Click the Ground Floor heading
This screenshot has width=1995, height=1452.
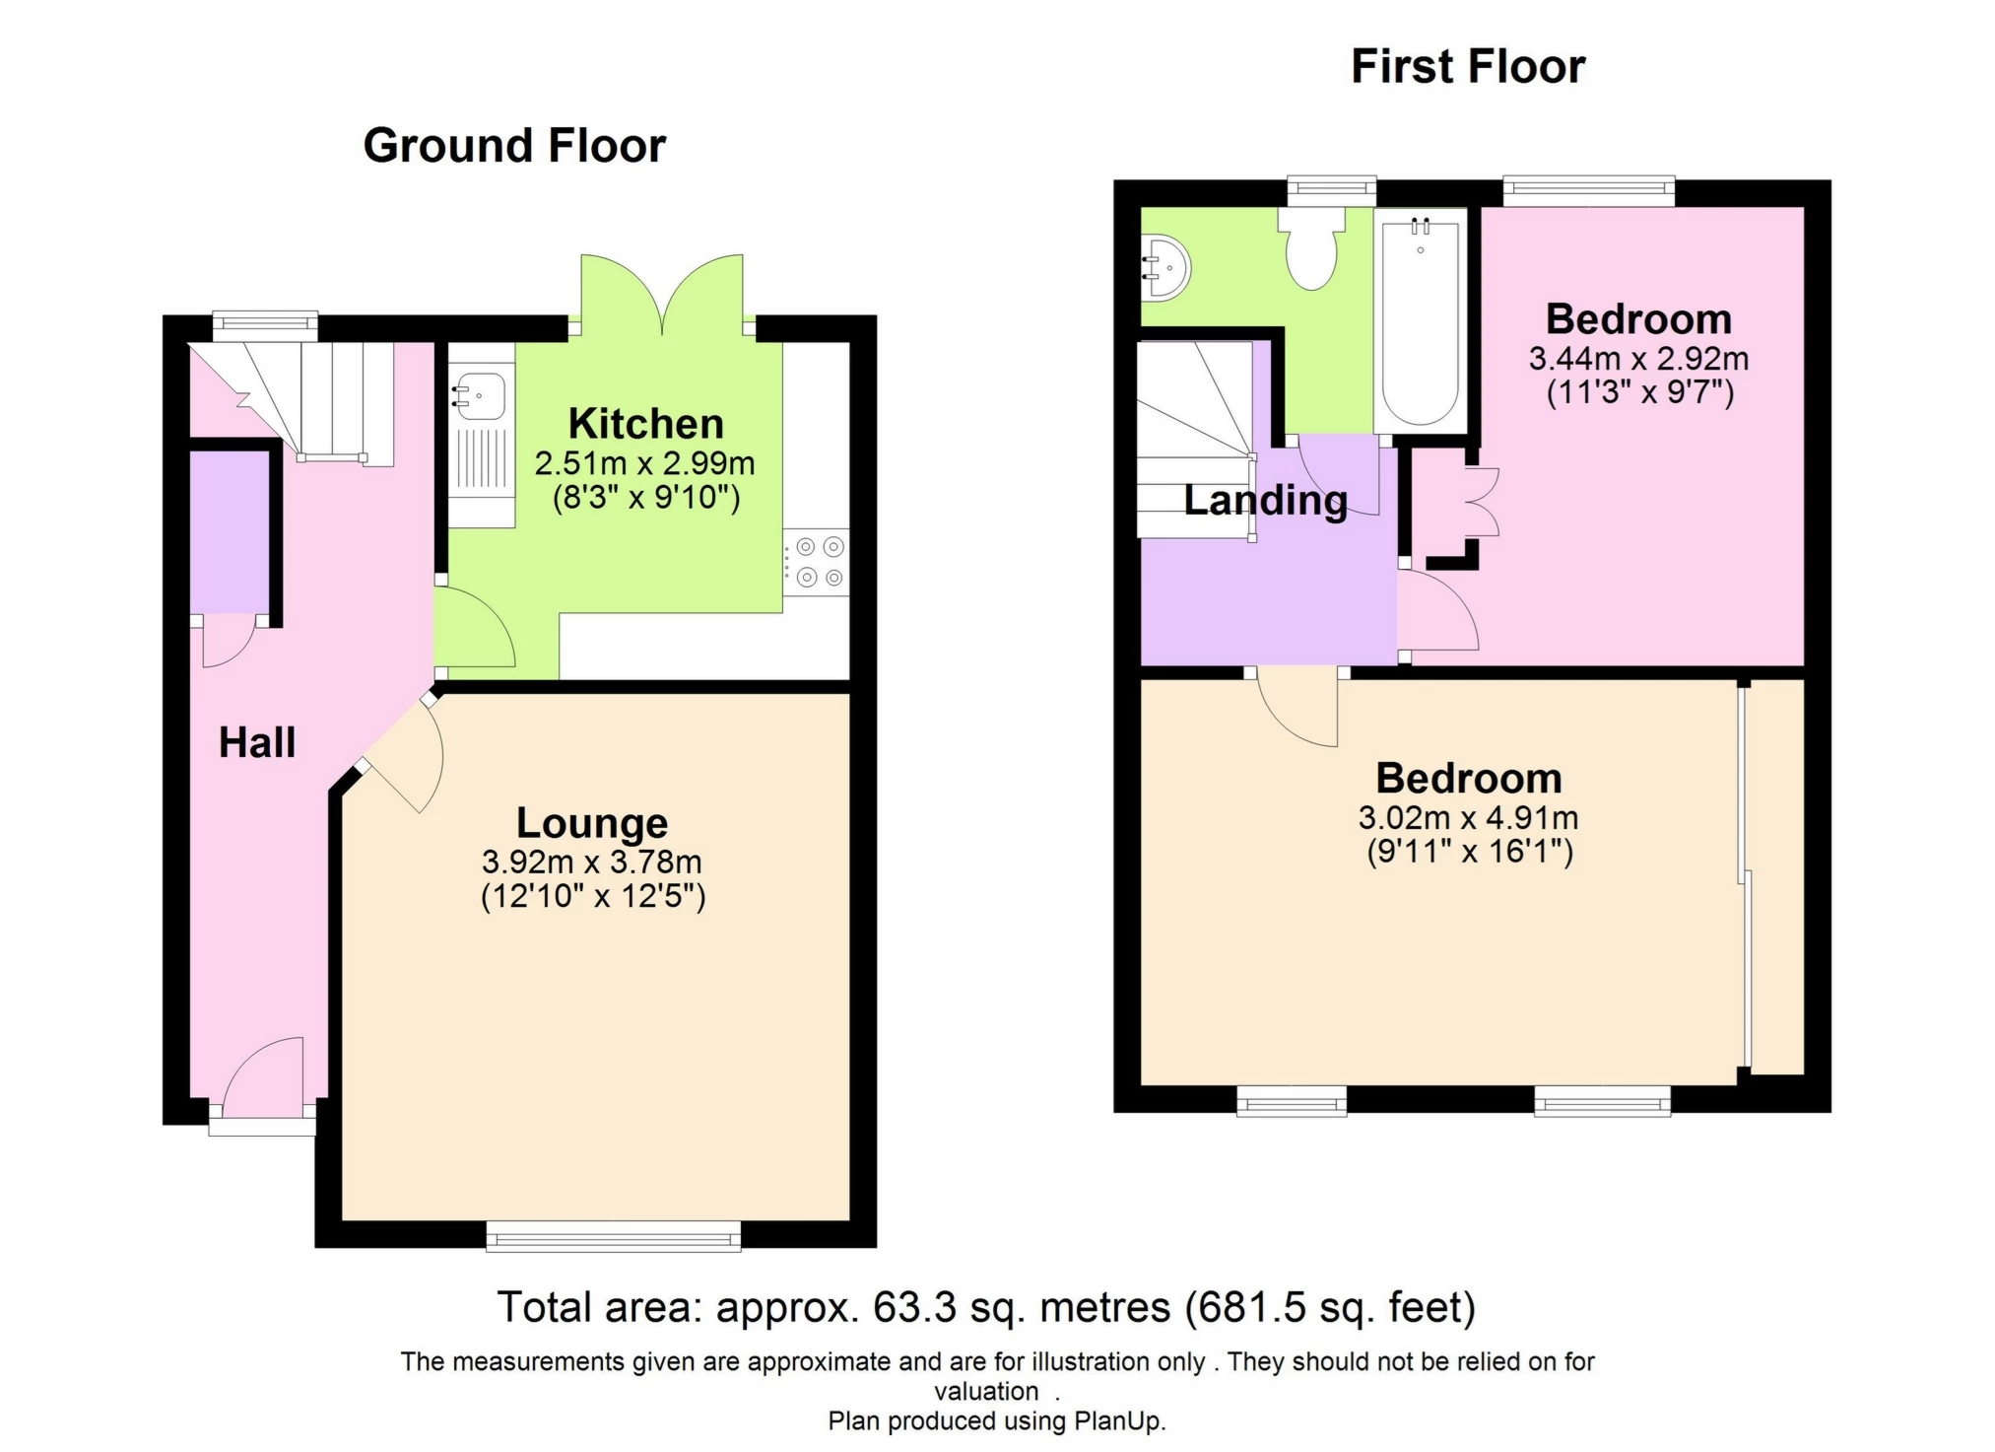pyautogui.click(x=514, y=146)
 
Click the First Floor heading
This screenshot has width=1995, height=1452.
pyautogui.click(x=1467, y=67)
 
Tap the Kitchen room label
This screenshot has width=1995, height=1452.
pyautogui.click(x=645, y=424)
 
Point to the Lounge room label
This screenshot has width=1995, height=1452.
pyautogui.click(x=592, y=822)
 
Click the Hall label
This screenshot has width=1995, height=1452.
pyautogui.click(x=256, y=742)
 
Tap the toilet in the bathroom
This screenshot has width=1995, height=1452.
pyautogui.click(x=1311, y=250)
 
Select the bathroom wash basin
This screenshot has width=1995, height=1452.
pyautogui.click(x=1166, y=267)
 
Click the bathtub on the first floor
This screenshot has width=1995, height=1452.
pyautogui.click(x=1420, y=323)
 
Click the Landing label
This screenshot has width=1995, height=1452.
pyautogui.click(x=1265, y=500)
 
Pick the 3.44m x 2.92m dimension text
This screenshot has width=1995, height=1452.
pyautogui.click(x=1638, y=359)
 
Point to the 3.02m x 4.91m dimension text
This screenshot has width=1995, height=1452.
pyautogui.click(x=1468, y=817)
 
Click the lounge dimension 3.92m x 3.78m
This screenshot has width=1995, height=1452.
pyautogui.click(x=592, y=862)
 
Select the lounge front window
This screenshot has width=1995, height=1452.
pyautogui.click(x=613, y=1235)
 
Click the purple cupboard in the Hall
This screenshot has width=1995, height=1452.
pyautogui.click(x=229, y=532)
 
